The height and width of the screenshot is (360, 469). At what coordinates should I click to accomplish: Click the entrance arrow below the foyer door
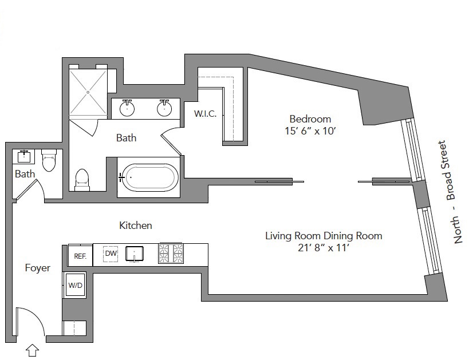[33, 350]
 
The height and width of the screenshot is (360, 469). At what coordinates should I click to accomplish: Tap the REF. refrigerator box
[80, 255]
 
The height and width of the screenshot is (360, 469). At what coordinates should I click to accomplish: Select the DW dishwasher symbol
[111, 254]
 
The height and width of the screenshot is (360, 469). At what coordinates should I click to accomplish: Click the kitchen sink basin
[135, 254]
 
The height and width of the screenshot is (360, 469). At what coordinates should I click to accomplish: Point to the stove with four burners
[171, 254]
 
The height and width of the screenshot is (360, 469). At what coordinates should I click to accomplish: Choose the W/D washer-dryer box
[75, 285]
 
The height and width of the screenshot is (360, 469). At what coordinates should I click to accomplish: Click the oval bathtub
[149, 177]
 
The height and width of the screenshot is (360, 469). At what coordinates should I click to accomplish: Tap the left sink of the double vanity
[127, 108]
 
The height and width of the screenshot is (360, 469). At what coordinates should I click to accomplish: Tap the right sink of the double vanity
[164, 108]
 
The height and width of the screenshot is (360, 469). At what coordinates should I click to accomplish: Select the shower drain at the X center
[88, 92]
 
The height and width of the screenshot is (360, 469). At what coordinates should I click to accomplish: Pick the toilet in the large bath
[82, 180]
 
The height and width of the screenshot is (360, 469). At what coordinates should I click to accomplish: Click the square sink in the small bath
[23, 156]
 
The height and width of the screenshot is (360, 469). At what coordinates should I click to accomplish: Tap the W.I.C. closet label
[205, 114]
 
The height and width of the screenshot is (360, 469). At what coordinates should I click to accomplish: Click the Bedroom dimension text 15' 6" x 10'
[310, 131]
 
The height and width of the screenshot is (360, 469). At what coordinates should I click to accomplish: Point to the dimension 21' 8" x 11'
[324, 248]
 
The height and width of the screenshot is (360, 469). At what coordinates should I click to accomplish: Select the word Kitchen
[136, 225]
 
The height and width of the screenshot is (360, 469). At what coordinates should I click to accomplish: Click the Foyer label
[38, 268]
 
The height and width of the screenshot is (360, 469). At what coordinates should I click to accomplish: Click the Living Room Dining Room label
[324, 236]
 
